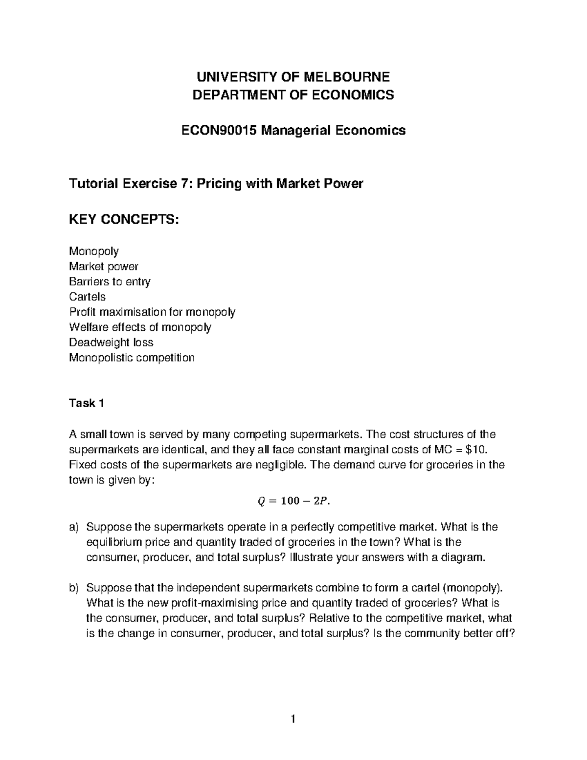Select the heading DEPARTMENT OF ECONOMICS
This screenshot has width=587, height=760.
tap(293, 94)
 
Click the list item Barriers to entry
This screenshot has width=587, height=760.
tap(110, 281)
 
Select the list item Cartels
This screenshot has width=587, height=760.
tap(87, 297)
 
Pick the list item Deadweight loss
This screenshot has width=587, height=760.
tap(111, 342)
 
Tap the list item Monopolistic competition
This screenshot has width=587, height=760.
tap(132, 357)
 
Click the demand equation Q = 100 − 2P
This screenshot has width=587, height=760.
tap(293, 500)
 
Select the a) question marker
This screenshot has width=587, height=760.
tap(74, 527)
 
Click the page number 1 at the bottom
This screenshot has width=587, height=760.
tap(293, 719)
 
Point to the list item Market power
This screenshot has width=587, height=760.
tap(104, 266)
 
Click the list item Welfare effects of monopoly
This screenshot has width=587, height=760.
tap(140, 327)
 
